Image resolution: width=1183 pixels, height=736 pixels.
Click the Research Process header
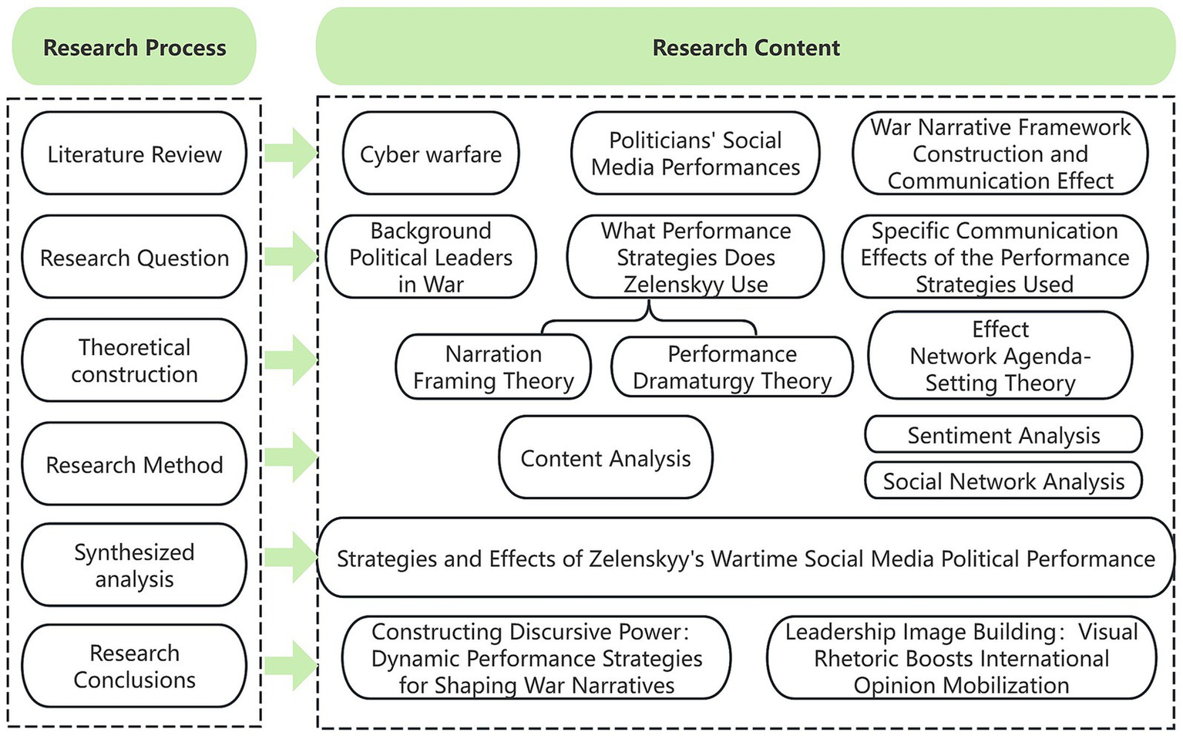134,47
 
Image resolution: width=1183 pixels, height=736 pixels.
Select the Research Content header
745,47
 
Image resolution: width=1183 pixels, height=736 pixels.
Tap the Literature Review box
134,154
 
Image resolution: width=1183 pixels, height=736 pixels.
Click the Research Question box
134,257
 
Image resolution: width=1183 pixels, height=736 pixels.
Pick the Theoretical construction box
134,360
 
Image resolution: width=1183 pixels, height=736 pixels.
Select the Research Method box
134,464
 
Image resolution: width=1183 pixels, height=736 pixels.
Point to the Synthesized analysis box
134,565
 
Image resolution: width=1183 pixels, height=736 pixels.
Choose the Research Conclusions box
134,666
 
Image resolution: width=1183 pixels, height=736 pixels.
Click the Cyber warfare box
430,154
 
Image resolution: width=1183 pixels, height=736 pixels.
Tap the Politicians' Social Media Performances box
695,154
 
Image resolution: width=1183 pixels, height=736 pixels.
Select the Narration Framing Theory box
493,367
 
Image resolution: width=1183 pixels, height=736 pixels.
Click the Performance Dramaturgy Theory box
732,367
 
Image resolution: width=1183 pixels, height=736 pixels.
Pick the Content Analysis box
606,457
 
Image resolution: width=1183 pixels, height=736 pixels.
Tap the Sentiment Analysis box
1003,435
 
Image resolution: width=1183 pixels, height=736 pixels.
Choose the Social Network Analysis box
1003,481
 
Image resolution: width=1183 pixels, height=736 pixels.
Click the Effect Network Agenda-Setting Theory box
1000,356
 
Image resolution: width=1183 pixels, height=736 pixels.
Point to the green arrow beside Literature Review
290,152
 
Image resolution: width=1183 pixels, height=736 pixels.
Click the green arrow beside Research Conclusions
290,664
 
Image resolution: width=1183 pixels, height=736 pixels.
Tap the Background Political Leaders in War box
430,257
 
